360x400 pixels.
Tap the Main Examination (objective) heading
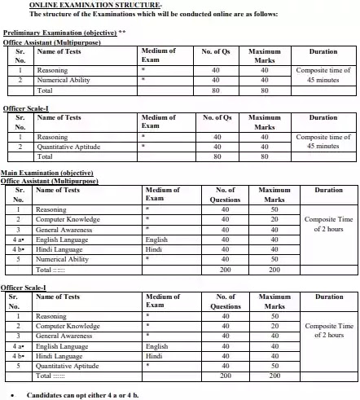(x=47, y=174)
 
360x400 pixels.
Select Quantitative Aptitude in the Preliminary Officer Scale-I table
(x=67, y=147)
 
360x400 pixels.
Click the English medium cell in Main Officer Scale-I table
(x=156, y=346)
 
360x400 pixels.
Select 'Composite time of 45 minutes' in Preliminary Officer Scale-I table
(x=323, y=142)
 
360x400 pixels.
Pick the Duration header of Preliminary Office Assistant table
(x=323, y=51)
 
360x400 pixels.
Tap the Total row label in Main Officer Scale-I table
(x=50, y=376)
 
